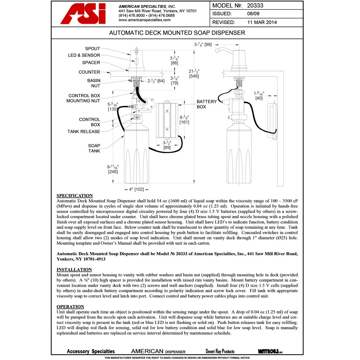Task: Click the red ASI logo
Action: coord(83,14)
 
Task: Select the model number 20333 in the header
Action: coord(255,6)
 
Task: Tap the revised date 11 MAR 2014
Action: coord(262,22)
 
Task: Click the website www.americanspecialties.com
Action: coord(144,20)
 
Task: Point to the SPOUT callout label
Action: coord(92,49)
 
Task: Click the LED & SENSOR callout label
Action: coord(84,55)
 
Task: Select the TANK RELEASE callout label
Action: coord(84,132)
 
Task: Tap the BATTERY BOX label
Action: coord(206,104)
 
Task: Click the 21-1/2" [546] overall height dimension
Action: coord(194,74)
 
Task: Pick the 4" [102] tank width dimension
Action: coord(136,189)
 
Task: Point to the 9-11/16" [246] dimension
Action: coord(113,169)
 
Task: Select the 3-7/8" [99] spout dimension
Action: coord(203,44)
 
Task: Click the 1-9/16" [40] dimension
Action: coord(259,96)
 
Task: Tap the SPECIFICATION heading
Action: coord(75,196)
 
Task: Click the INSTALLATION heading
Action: coord(74,270)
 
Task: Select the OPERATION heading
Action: coord(70,307)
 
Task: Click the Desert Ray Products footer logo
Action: coord(220,351)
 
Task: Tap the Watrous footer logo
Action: coord(270,351)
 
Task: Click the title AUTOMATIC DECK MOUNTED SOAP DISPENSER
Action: coord(177,33)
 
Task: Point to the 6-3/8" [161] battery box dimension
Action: coord(184,120)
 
